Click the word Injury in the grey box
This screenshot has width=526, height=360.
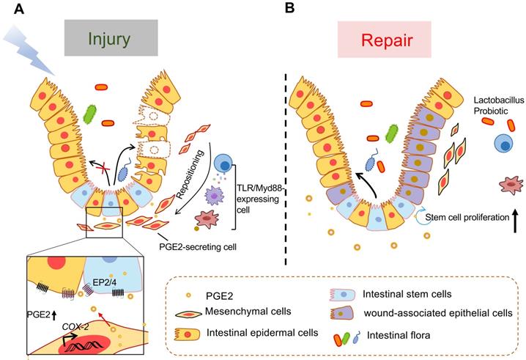tap(110, 37)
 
